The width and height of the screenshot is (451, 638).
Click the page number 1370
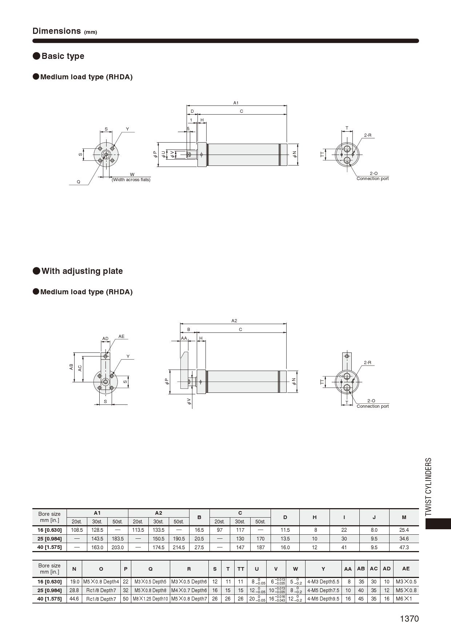[x=409, y=619]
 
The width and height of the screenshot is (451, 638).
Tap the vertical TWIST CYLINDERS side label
[x=428, y=486]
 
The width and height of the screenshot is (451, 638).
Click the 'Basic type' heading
[x=63, y=56]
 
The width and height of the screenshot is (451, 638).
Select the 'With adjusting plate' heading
[x=82, y=271]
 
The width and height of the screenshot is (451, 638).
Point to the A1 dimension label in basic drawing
[x=236, y=103]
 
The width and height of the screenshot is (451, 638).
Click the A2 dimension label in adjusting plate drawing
[x=234, y=321]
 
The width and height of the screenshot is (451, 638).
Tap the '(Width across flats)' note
[x=131, y=180]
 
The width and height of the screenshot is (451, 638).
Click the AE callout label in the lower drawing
[x=121, y=336]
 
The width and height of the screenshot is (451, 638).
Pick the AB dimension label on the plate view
[x=71, y=367]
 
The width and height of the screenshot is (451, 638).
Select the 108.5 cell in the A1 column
[x=77, y=530]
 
